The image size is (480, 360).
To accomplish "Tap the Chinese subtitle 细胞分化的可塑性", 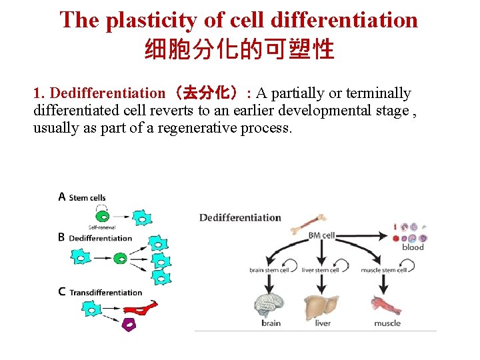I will pyautogui.click(x=239, y=49).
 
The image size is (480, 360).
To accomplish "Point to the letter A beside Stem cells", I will pyautogui.click(x=62, y=197).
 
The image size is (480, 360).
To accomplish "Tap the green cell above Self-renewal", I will pyautogui.click(x=102, y=216).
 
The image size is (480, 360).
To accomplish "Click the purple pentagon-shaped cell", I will pyautogui.click(x=129, y=324).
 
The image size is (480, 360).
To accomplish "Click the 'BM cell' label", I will pyautogui.click(x=321, y=235).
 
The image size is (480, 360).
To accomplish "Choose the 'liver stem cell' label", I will pyautogui.click(x=321, y=270).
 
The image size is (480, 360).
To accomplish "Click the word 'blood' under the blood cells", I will pyautogui.click(x=413, y=247).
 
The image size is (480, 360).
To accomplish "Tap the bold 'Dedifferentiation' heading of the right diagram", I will pyautogui.click(x=240, y=217).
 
